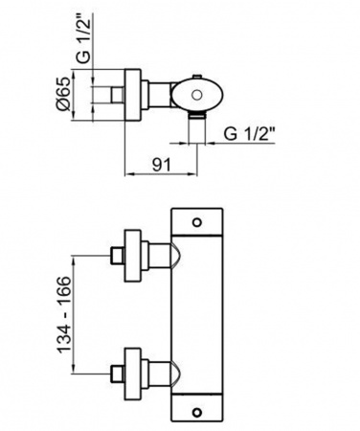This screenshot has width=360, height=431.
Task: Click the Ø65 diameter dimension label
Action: [x=64, y=94]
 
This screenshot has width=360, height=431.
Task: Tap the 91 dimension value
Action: [x=162, y=165]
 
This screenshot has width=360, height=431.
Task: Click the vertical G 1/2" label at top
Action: [x=83, y=39]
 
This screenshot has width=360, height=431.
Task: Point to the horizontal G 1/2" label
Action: [x=249, y=134]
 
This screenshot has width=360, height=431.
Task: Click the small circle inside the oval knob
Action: [x=197, y=95]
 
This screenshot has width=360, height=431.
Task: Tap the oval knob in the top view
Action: [x=196, y=95]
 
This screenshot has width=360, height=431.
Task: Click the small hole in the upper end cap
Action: [x=197, y=222]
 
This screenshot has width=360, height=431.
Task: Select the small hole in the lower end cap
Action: [x=197, y=411]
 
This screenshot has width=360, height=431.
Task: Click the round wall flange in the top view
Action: [x=132, y=95]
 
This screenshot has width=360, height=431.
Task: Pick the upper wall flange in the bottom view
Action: [x=132, y=256]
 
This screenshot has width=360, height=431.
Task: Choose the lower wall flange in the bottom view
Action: [x=132, y=374]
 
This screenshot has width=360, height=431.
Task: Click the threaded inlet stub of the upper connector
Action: [x=118, y=256]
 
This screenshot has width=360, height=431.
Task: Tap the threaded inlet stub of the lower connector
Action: [x=118, y=374]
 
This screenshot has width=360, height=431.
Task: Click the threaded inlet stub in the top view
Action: [x=118, y=95]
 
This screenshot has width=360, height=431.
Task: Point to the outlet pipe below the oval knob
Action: [x=197, y=128]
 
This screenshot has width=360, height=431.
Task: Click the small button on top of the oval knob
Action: [x=197, y=76]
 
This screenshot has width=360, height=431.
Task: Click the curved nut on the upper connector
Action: [x=177, y=256]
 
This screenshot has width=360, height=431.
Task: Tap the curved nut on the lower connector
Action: [x=177, y=374]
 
